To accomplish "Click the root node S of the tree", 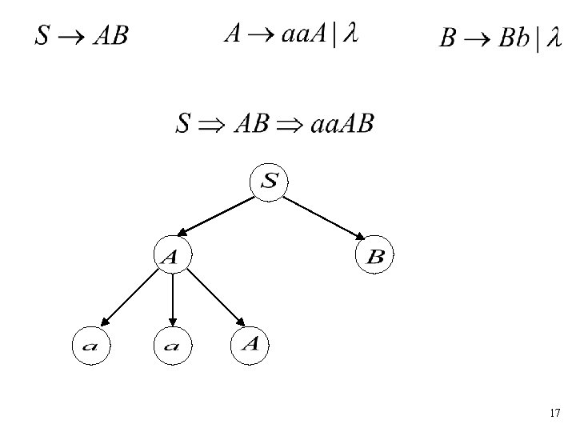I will pyautogui.click(x=269, y=182).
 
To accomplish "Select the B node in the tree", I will pyautogui.click(x=375, y=256).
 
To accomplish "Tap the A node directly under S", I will pyautogui.click(x=171, y=256).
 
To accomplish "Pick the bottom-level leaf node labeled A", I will pyautogui.click(x=250, y=344).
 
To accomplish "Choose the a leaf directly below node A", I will pyautogui.click(x=173, y=346).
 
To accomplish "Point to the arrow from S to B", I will pyautogui.click(x=324, y=218).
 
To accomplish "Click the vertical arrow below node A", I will pyautogui.click(x=172, y=300).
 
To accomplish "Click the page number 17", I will pyautogui.click(x=555, y=413).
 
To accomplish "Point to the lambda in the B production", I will pyautogui.click(x=553, y=39).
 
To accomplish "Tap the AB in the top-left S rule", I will pyautogui.click(x=109, y=36).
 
